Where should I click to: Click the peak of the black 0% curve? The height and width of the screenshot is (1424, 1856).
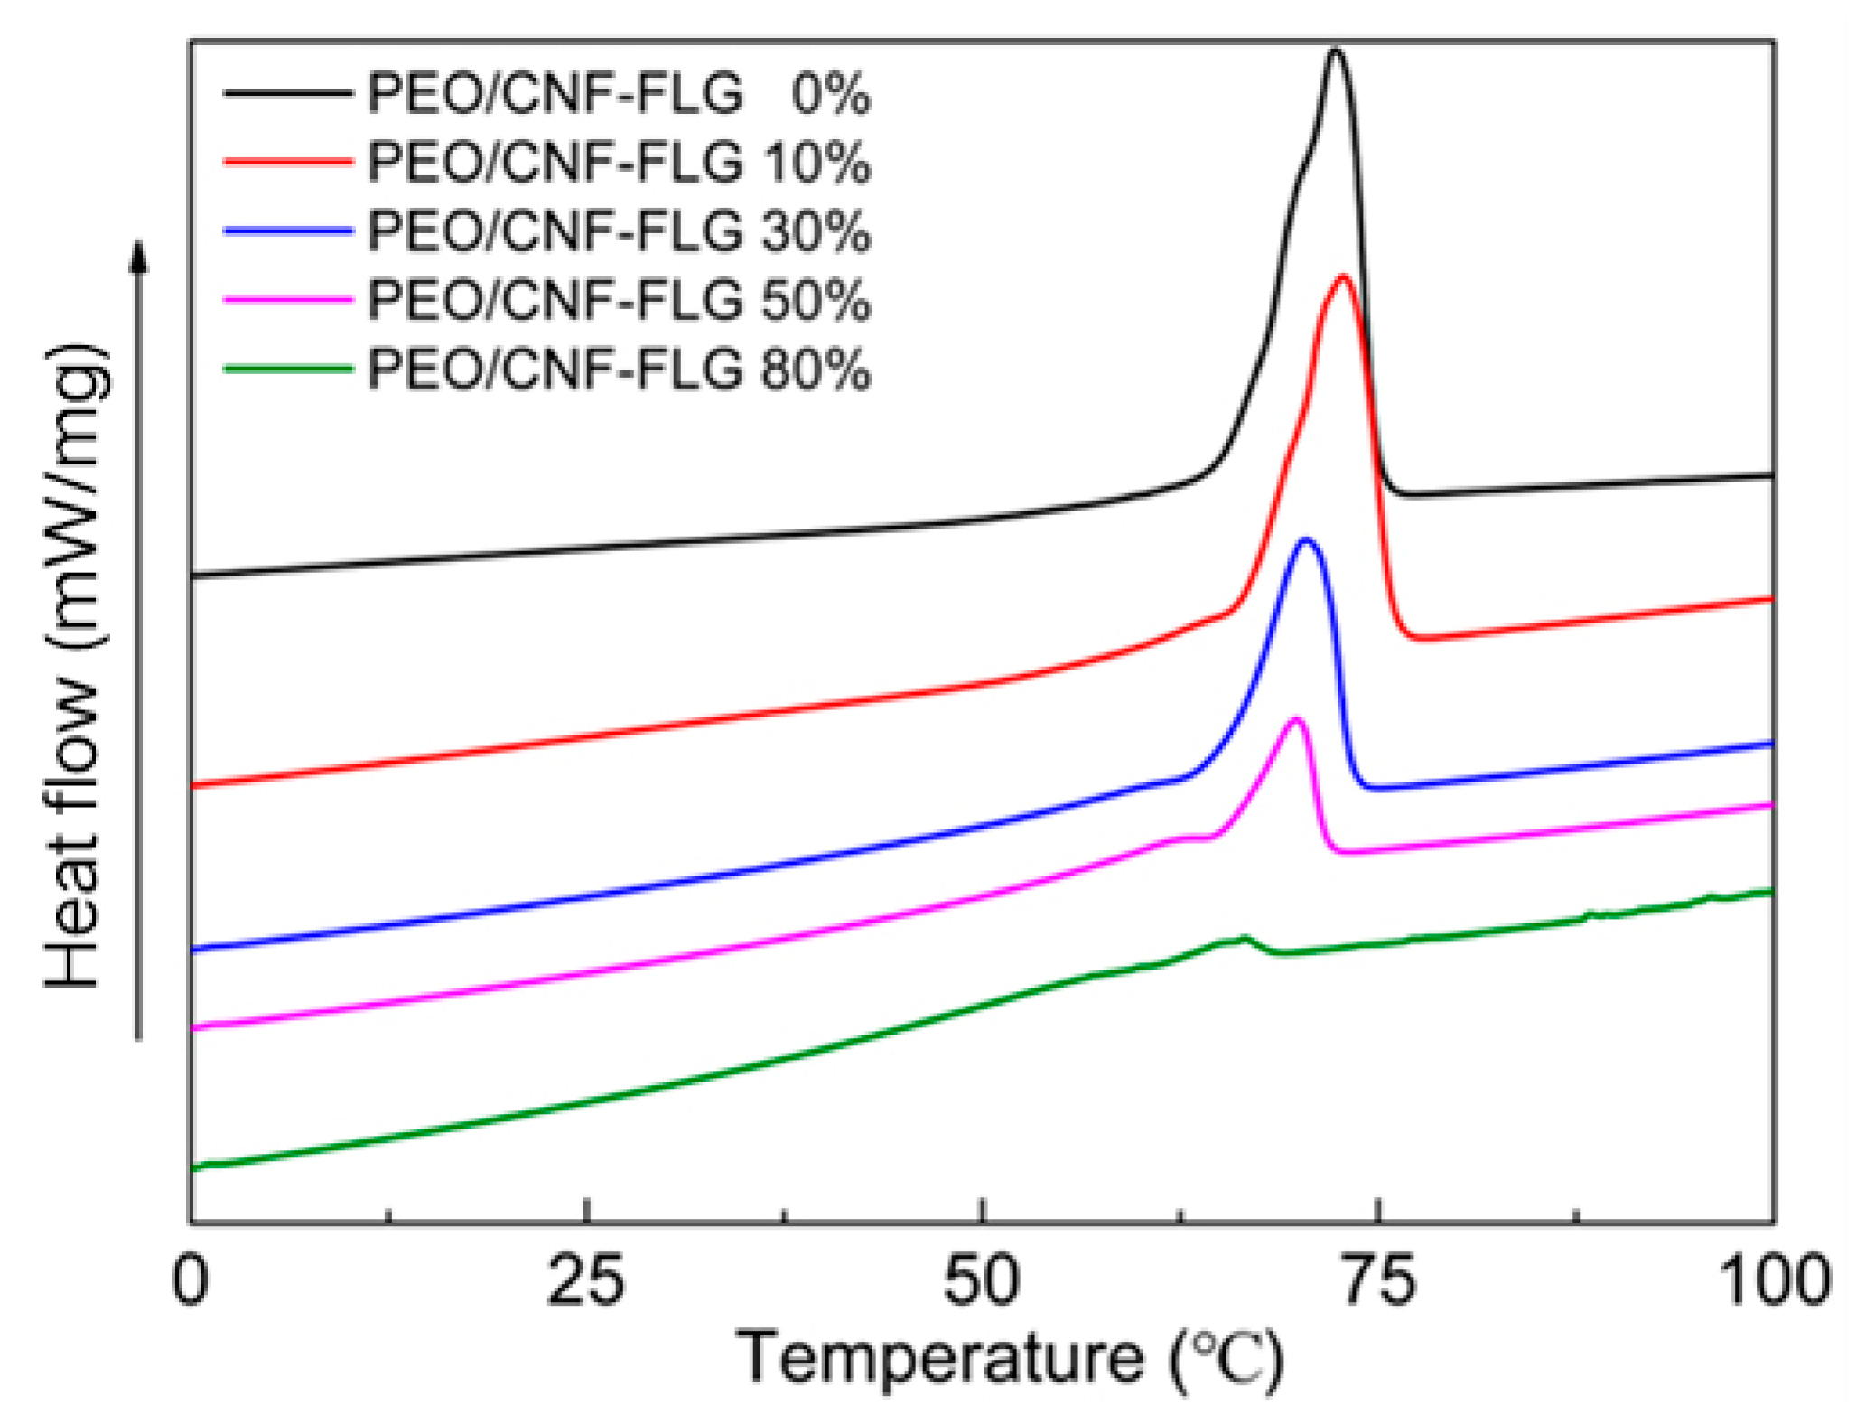click(x=1335, y=52)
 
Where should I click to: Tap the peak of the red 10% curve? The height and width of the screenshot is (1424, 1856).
click(x=1343, y=278)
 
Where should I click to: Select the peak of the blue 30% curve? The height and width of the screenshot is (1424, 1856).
click(x=1305, y=540)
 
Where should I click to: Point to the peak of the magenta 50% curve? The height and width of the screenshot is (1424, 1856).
click(x=1296, y=719)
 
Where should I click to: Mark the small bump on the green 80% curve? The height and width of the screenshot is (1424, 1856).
click(x=1245, y=939)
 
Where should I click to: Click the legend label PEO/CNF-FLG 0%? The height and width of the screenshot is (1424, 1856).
click(x=619, y=93)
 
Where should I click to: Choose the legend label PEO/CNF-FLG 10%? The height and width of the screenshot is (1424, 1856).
click(x=619, y=163)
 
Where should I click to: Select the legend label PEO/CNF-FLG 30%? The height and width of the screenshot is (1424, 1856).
click(x=619, y=231)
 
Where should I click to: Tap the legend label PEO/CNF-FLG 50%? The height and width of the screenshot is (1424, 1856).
click(x=619, y=300)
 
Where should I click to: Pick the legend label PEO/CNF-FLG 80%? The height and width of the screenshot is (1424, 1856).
click(x=619, y=370)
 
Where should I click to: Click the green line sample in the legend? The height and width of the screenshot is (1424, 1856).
click(x=287, y=369)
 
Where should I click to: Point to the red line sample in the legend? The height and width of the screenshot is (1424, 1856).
click(x=287, y=162)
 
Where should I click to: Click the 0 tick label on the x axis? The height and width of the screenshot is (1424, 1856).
click(x=191, y=1280)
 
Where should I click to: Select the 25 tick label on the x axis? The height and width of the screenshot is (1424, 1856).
click(x=586, y=1280)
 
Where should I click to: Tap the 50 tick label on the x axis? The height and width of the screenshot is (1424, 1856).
click(x=982, y=1280)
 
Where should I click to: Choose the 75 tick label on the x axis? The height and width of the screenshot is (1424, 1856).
click(x=1378, y=1280)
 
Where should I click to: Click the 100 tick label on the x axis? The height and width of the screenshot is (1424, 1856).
click(x=1773, y=1280)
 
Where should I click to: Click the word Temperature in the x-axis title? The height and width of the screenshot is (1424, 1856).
click(x=939, y=1358)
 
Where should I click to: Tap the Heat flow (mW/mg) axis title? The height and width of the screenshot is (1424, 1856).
click(x=76, y=666)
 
